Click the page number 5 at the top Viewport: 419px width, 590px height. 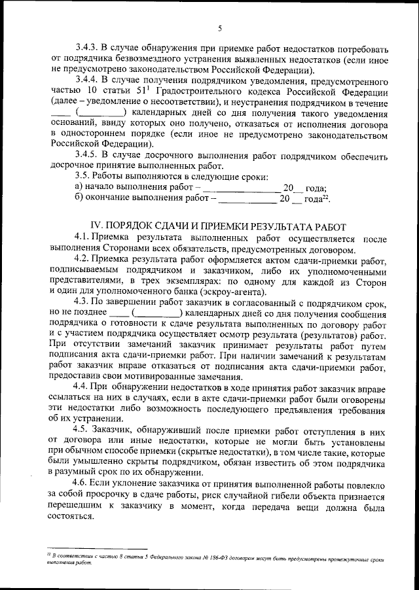(220, 27)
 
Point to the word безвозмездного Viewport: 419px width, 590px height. (137, 60)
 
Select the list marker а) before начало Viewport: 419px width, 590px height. (79, 188)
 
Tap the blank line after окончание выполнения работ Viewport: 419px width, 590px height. (244, 199)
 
